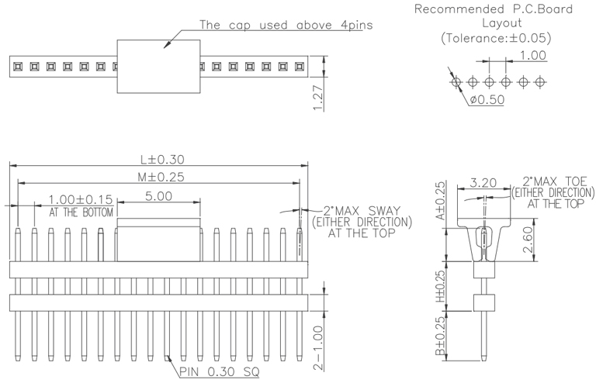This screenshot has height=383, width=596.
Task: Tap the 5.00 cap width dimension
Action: tap(158, 196)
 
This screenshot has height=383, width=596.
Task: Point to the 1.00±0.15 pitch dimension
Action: tap(81, 200)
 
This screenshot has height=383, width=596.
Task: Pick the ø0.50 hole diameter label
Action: tap(486, 100)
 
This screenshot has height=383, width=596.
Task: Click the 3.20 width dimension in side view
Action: tap(482, 185)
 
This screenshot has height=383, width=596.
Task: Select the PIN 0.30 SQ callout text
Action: tap(220, 371)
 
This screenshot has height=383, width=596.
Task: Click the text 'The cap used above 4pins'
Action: tap(286, 25)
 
